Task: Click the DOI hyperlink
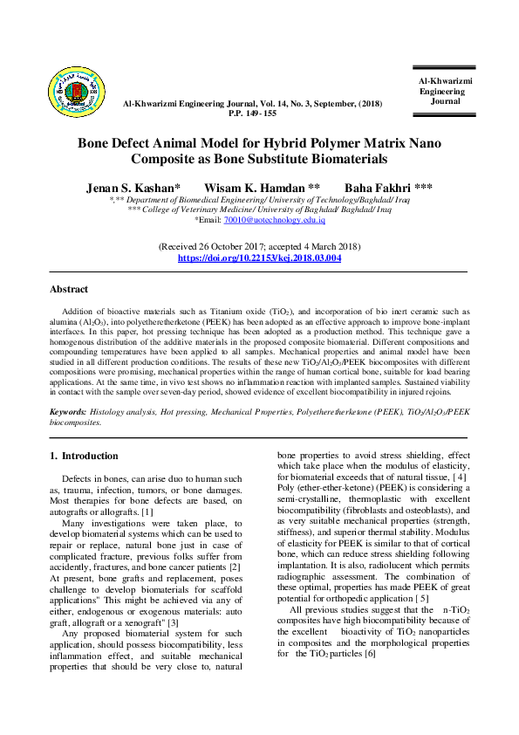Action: (x=259, y=258)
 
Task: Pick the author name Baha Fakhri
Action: (x=388, y=188)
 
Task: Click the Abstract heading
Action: (x=69, y=289)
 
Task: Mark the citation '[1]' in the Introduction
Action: (x=147, y=511)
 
